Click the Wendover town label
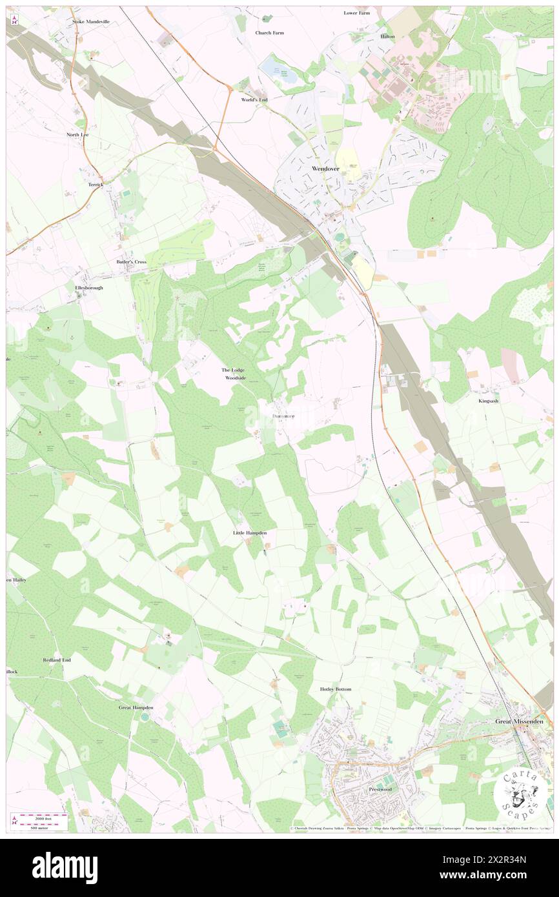pyautogui.click(x=325, y=168)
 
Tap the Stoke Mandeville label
pyautogui.click(x=91, y=21)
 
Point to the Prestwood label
pyautogui.click(x=380, y=789)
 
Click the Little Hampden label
pyautogui.click(x=250, y=533)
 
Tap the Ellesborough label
pyautogui.click(x=89, y=288)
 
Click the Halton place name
pyautogui.click(x=387, y=37)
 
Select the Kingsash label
pyautogui.click(x=489, y=401)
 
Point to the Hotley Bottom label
pyautogui.click(x=336, y=689)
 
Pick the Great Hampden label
pyautogui.click(x=136, y=708)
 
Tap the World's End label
pyautogui.click(x=254, y=100)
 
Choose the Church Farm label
pyautogui.click(x=269, y=32)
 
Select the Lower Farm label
pyautogui.click(x=357, y=13)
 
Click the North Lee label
pyautogui.click(x=77, y=135)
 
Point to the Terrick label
pyautogui.click(x=96, y=184)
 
